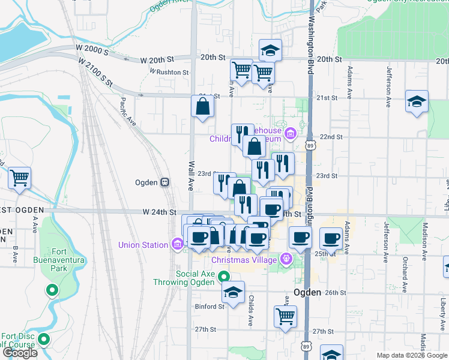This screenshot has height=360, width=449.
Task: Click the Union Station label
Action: point(143,245)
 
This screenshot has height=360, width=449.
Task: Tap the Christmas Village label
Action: point(244,259)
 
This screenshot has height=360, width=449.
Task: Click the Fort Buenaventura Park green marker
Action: point(52,292)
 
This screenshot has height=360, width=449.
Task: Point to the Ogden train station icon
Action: point(164,182)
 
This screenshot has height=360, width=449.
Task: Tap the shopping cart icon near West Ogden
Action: point(20,177)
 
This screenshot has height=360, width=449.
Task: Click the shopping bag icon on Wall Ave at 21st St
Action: point(203,107)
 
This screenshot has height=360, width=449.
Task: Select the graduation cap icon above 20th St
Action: point(271,50)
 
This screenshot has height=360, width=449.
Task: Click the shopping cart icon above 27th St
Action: point(285,316)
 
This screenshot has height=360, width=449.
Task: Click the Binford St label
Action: point(209,306)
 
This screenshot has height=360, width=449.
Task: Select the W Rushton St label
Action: point(169,72)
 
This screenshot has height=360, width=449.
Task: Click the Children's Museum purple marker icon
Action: point(291,133)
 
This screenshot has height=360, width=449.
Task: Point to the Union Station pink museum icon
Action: point(176,244)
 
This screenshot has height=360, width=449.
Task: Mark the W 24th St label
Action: point(158,212)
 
